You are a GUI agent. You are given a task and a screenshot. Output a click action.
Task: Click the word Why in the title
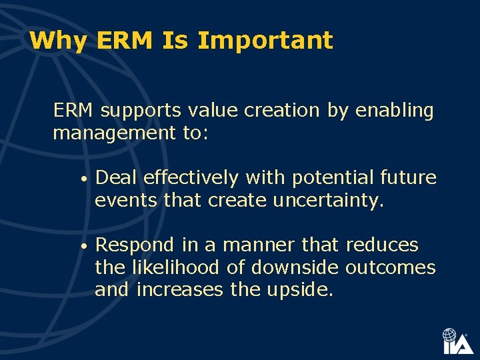(x=59, y=41)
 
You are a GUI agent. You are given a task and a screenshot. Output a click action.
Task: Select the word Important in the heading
(x=265, y=41)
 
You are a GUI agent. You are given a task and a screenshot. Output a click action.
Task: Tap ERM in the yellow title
(x=125, y=41)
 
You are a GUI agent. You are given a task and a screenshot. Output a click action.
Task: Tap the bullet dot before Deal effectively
(x=81, y=179)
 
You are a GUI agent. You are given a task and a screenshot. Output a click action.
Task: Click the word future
(x=409, y=178)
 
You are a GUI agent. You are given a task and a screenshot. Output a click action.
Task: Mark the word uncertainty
(x=329, y=201)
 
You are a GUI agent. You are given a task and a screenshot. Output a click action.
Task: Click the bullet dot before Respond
(x=81, y=247)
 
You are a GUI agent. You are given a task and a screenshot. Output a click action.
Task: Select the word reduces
(x=382, y=245)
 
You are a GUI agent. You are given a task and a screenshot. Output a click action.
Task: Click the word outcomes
(x=391, y=268)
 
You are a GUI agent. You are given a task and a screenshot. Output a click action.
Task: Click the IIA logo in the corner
(x=457, y=341)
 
